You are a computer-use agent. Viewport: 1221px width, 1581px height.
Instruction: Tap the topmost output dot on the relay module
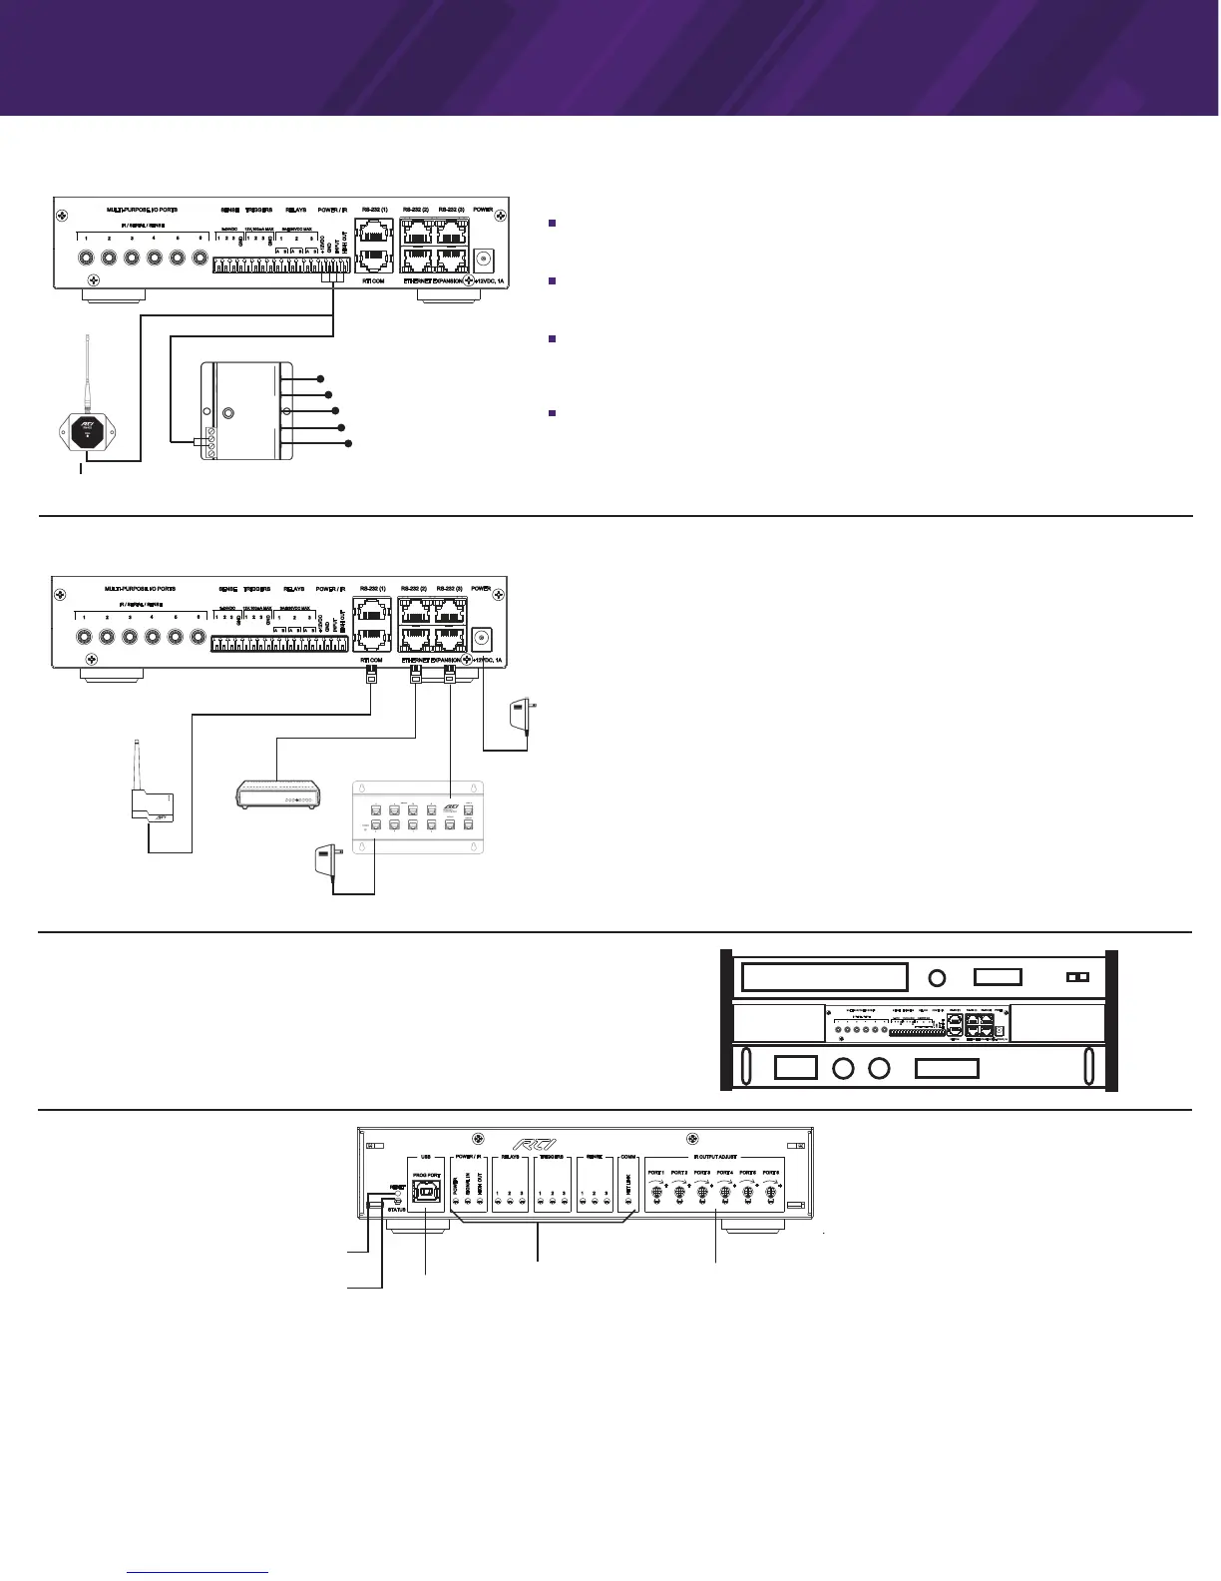(x=320, y=379)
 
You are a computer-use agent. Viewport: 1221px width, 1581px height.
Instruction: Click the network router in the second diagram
(x=276, y=793)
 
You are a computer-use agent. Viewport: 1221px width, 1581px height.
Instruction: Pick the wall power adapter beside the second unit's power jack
(x=520, y=715)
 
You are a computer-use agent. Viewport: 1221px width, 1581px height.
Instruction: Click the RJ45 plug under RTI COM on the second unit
(x=371, y=678)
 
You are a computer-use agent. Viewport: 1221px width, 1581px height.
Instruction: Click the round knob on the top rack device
(x=938, y=978)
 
